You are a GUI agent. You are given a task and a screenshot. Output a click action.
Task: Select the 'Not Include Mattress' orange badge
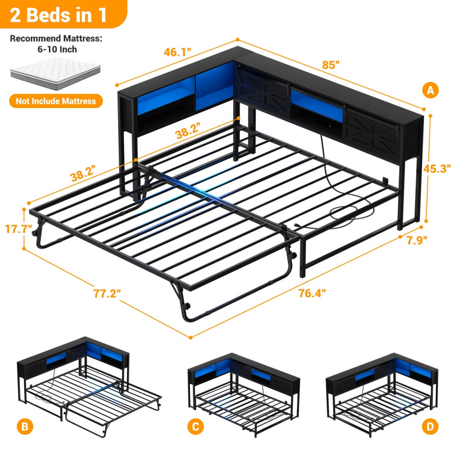pos(56,101)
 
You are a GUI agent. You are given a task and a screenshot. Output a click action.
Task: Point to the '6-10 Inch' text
pos(56,49)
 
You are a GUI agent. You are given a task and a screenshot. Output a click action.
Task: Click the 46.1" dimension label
pos(177,52)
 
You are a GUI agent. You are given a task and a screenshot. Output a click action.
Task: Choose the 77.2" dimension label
pos(107,293)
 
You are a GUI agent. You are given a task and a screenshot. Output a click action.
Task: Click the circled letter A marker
pos(430,90)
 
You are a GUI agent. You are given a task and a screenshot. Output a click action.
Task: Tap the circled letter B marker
pos(25,427)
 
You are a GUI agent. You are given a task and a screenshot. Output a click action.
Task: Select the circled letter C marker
pos(195,427)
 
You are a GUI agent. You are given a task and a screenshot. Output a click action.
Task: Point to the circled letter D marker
pos(430,427)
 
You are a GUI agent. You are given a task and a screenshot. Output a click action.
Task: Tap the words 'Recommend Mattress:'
pos(56,38)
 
